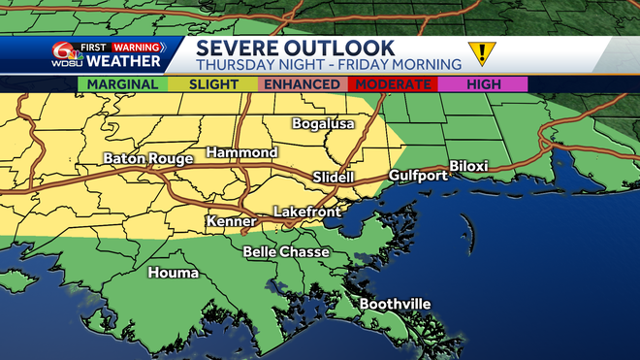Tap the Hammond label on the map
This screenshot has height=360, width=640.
[241, 153]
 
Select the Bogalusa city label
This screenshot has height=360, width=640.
[324, 124]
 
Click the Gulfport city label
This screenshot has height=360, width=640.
[418, 176]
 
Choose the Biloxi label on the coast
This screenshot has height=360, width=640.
[468, 167]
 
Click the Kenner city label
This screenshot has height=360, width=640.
[231, 223]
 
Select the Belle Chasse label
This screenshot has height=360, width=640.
[286, 252]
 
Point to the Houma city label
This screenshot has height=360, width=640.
[173, 273]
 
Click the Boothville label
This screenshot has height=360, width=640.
[395, 305]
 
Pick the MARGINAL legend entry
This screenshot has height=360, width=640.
[122, 84]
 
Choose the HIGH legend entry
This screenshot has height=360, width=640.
[483, 84]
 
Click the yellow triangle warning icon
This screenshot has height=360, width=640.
[479, 52]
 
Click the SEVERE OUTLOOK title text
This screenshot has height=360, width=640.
[296, 48]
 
